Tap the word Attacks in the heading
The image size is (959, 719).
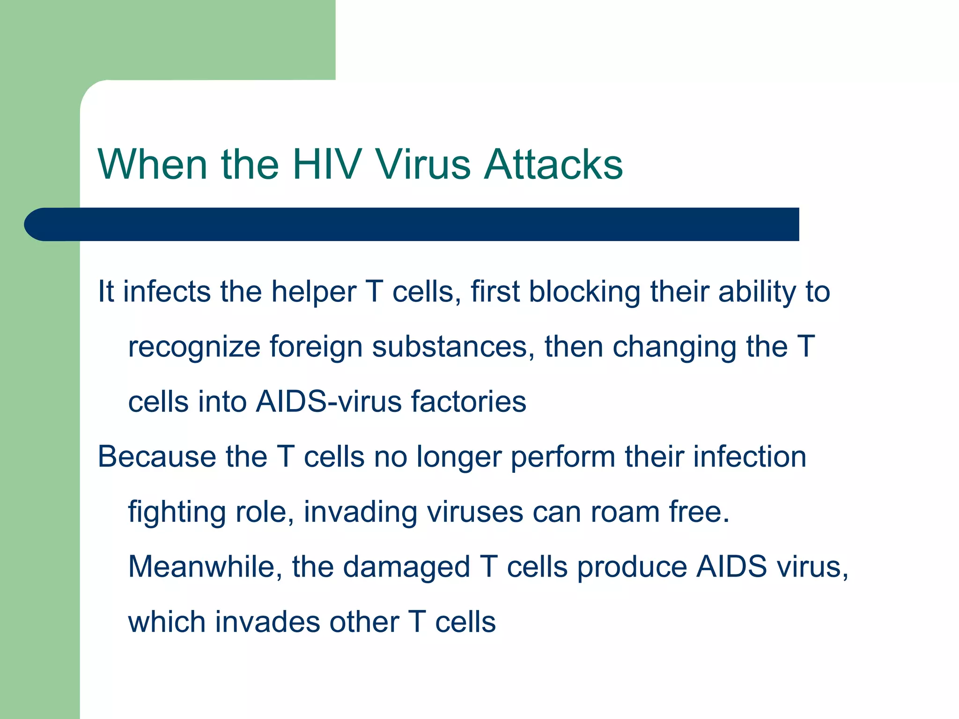553,164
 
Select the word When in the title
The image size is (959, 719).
152,164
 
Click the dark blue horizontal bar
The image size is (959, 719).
412,224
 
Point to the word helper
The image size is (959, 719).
314,293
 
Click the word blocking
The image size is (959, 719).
584,292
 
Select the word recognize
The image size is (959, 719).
194,348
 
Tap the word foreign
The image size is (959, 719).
316,348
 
